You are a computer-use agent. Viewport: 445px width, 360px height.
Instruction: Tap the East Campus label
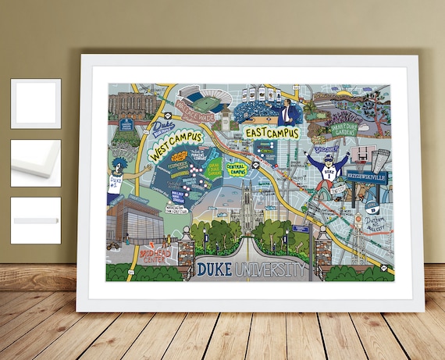point(272,132)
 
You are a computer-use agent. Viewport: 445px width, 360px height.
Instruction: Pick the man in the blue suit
point(288,113)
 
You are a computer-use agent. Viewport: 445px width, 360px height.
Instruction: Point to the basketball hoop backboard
point(360,155)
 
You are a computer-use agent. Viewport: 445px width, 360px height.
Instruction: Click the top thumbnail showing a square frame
point(36,103)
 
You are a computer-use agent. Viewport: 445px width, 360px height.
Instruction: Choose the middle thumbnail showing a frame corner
point(36,162)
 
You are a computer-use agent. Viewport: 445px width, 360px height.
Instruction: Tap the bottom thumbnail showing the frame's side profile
point(36,220)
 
